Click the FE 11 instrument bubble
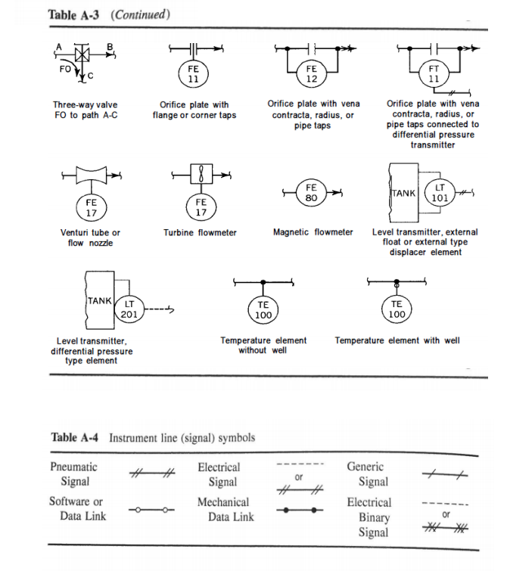click(193, 73)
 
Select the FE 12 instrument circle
click(310, 73)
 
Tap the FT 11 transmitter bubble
click(433, 73)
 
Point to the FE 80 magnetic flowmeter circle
click(310, 193)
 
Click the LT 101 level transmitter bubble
click(440, 194)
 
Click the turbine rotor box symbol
click(201, 174)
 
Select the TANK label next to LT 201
click(100, 300)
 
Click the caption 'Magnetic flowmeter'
click(313, 232)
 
